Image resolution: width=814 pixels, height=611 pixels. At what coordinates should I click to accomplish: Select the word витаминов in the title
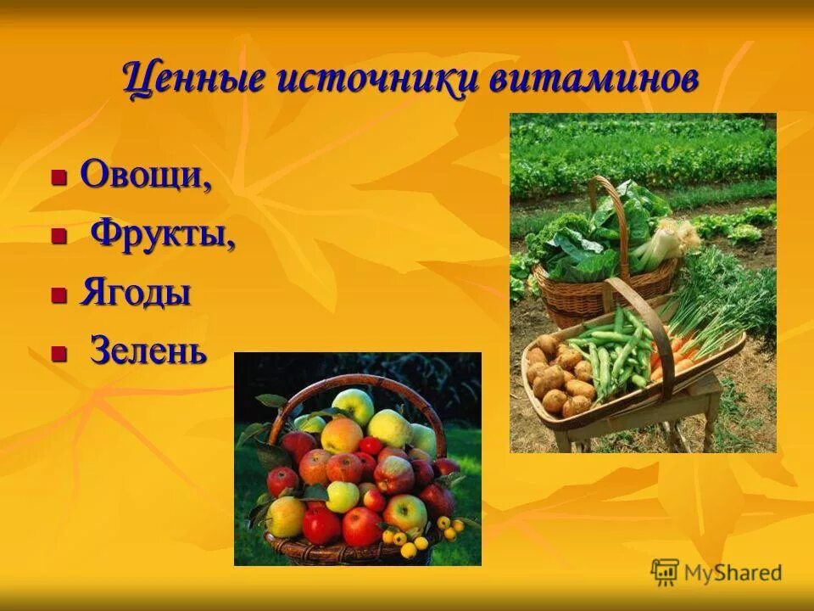click(594, 81)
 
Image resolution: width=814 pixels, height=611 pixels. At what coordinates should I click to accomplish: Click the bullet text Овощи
click(145, 176)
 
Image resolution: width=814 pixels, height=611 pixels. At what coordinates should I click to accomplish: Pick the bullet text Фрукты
click(162, 233)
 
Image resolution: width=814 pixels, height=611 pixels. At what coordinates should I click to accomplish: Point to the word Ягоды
click(136, 293)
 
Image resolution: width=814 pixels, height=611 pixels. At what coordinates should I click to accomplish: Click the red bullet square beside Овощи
click(59, 178)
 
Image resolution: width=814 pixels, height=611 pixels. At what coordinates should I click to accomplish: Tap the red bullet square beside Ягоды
click(59, 295)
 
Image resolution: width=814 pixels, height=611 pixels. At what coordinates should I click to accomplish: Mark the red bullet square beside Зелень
click(59, 353)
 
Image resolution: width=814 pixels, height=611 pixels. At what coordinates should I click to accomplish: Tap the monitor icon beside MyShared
click(665, 572)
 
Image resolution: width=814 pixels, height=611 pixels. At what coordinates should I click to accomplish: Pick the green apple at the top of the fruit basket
click(354, 406)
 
